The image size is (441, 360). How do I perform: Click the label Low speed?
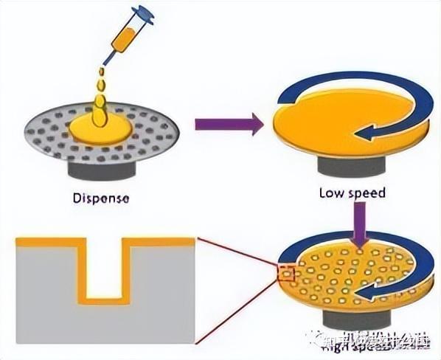tap(352, 193)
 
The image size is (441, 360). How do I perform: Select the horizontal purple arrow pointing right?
tap(229, 124)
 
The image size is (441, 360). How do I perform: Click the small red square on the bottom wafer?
tap(286, 275)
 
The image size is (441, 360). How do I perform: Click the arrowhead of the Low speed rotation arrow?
tap(363, 134)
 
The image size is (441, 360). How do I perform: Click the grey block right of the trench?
tap(164, 295)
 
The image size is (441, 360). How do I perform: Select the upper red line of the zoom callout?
tap(236, 254)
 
